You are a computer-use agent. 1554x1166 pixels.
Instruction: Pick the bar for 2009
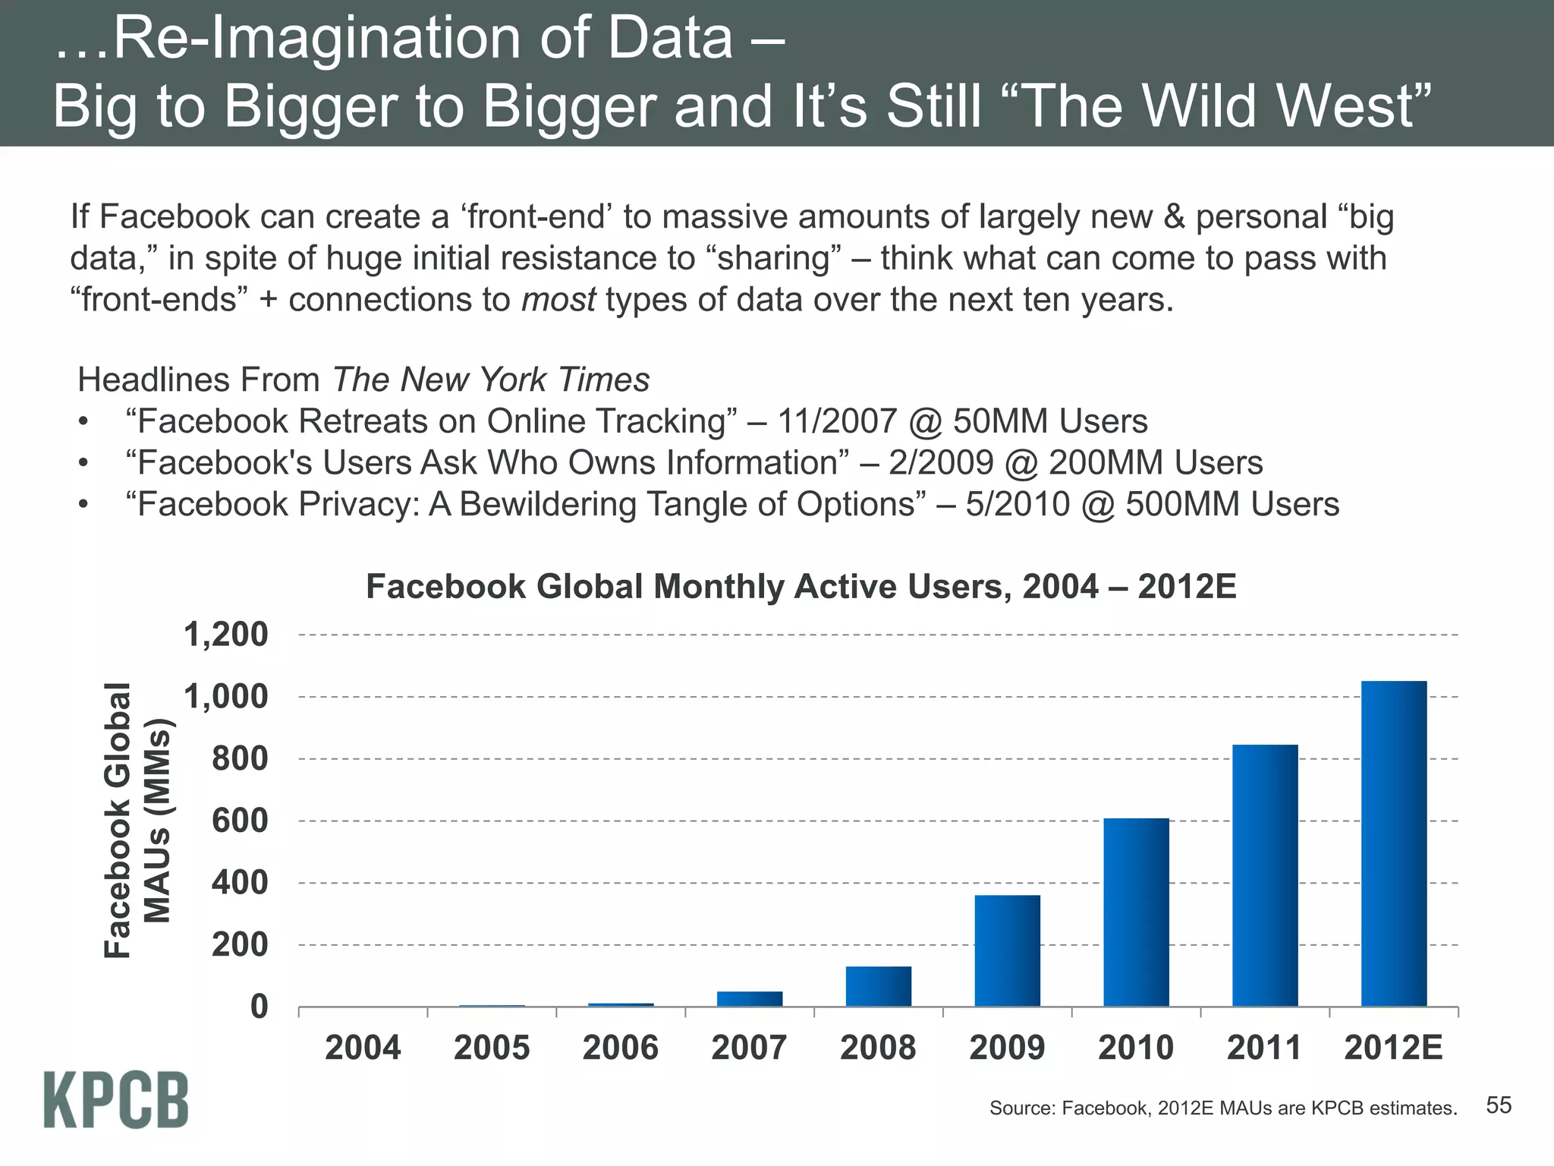click(1007, 950)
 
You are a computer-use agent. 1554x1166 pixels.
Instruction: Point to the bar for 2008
click(879, 986)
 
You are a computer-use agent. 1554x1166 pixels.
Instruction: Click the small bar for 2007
click(750, 999)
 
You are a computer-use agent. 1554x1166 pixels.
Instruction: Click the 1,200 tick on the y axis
click(226, 635)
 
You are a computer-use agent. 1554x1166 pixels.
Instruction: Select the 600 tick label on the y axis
click(240, 821)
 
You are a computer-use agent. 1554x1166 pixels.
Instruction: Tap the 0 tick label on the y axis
click(259, 1007)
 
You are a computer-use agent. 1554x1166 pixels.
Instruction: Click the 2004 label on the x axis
click(363, 1048)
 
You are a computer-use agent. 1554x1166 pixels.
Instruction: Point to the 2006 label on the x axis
click(621, 1048)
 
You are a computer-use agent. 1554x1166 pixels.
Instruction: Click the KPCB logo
click(116, 1100)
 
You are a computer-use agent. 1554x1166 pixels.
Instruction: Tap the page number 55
click(1499, 1105)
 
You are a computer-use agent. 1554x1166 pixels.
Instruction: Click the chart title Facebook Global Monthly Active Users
click(801, 587)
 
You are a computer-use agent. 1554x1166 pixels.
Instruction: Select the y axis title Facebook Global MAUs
click(137, 820)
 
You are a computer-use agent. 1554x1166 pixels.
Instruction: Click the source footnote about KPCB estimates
click(1222, 1108)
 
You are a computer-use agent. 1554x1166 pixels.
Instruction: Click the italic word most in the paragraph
click(558, 300)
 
